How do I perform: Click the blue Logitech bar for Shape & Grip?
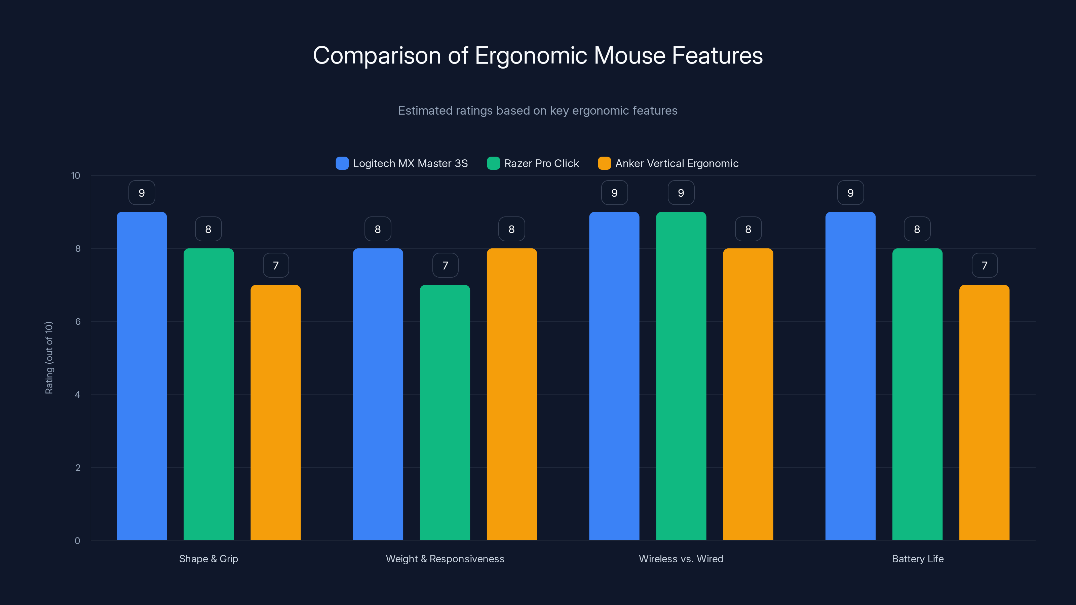coord(142,376)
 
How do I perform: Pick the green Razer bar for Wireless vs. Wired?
coord(681,376)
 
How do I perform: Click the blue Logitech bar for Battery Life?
coord(850,376)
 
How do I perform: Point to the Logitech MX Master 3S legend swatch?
coord(342,163)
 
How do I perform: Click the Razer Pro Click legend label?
coord(541,163)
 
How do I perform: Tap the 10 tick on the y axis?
coord(76,175)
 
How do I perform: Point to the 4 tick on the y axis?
coord(77,395)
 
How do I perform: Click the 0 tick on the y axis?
coord(77,541)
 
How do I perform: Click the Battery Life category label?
coord(917,559)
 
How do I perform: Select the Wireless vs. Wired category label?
coord(681,559)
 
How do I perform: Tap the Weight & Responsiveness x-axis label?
coord(445,559)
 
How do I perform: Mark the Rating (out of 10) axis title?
coord(49,357)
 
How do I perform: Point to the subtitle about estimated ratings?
coord(538,111)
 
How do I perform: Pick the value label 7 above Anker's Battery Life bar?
coord(985,265)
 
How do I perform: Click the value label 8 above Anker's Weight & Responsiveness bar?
coord(511,229)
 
